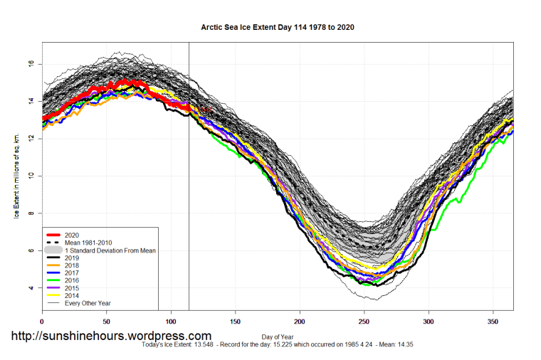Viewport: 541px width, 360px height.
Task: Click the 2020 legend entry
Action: [72, 235]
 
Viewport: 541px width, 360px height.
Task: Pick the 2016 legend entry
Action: [72, 280]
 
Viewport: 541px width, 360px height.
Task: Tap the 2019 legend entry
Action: [72, 258]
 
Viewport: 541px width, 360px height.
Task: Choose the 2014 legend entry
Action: [72, 295]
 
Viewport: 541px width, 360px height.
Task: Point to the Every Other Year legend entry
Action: [85, 303]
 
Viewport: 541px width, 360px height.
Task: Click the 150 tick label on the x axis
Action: [236, 322]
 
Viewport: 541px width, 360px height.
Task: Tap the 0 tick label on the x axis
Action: [42, 322]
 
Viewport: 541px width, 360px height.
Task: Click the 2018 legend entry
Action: [72, 265]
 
